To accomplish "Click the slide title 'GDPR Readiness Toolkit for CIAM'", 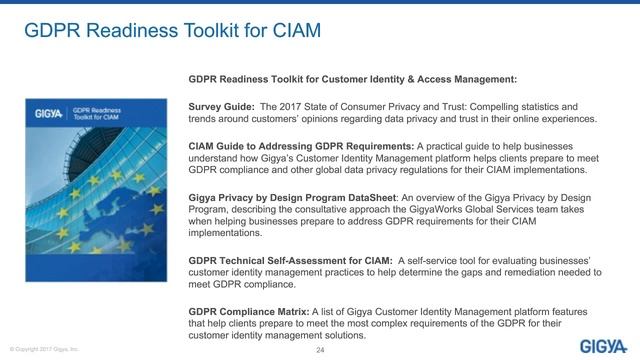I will click(172, 31).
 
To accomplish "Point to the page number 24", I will click(320, 348).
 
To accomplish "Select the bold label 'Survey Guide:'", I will click(220, 105).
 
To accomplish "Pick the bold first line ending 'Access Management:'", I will click(352, 79).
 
